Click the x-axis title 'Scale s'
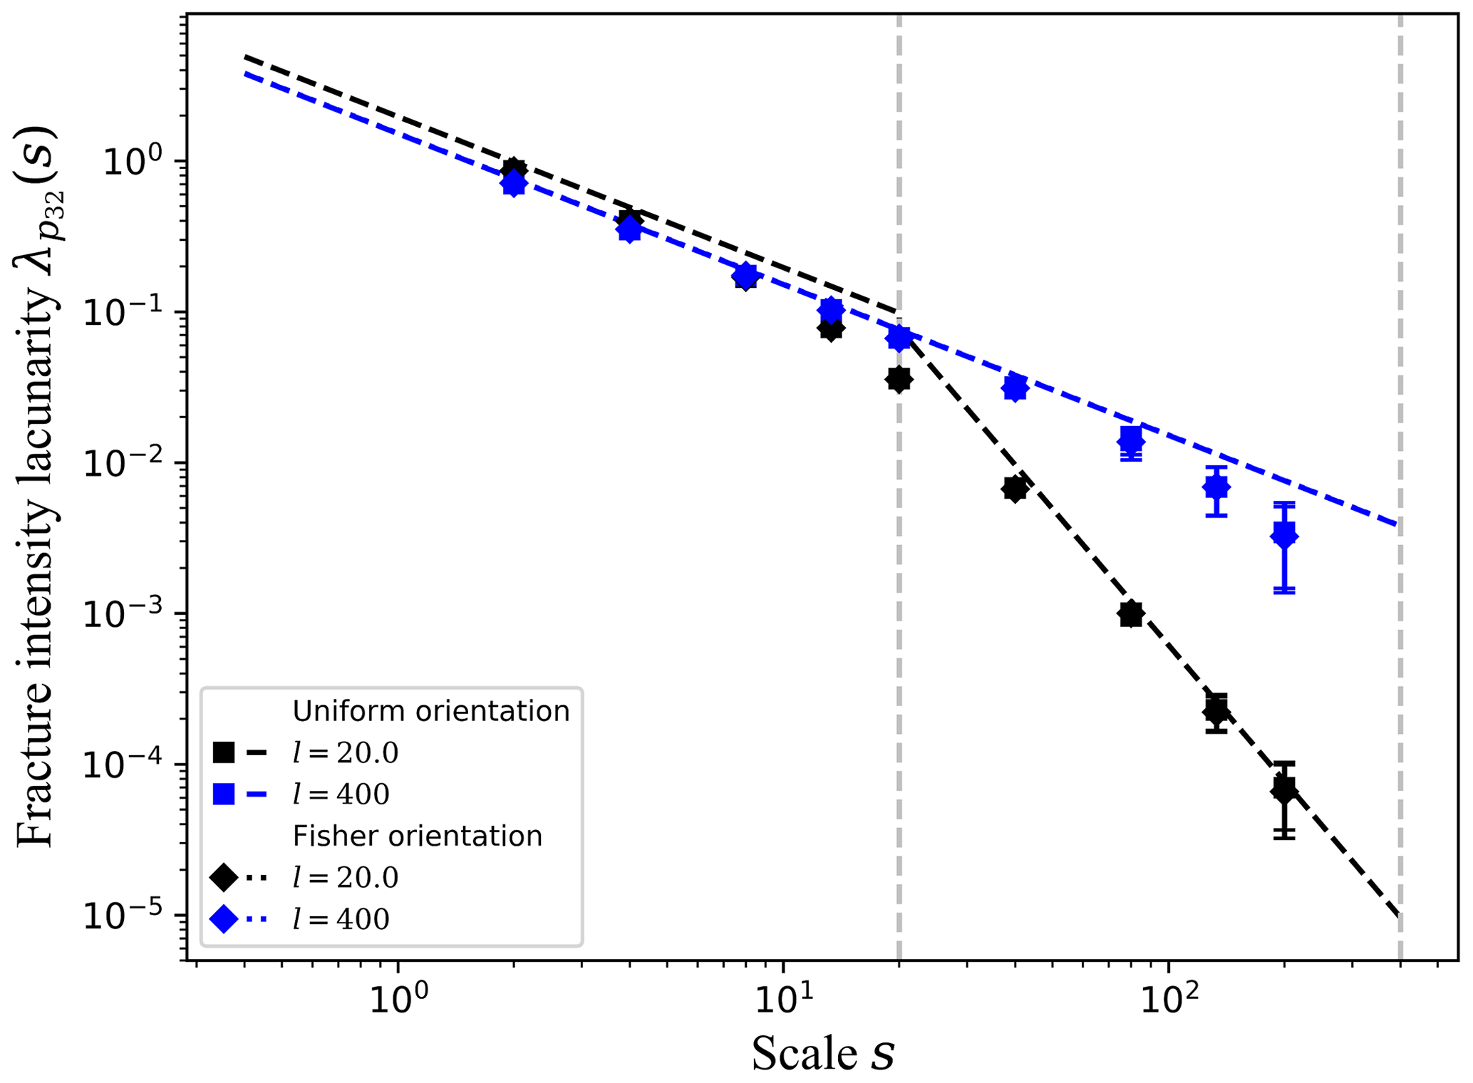(x=823, y=1053)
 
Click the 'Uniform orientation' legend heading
(x=431, y=711)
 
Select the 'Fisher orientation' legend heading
(x=418, y=836)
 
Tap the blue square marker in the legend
(x=224, y=794)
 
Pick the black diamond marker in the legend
(x=224, y=877)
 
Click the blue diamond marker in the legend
(x=224, y=919)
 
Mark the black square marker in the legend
(x=224, y=752)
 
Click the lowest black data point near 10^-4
(x=1284, y=789)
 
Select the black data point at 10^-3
(x=1131, y=613)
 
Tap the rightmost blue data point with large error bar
(x=1284, y=534)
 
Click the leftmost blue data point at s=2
(x=513, y=185)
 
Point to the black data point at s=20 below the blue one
(x=899, y=379)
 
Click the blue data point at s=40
(x=1015, y=388)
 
